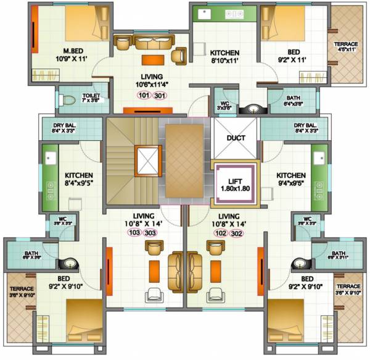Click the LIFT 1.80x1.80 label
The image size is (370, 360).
point(235,183)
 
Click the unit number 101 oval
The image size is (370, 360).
point(144,95)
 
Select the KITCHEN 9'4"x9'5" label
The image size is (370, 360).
point(291,179)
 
